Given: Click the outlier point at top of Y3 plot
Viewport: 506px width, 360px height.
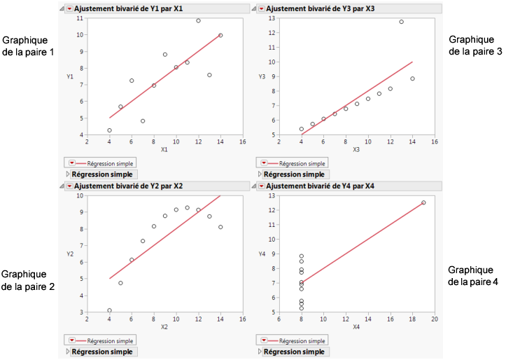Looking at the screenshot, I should point(401,22).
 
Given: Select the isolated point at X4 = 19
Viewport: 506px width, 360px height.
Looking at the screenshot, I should point(423,202).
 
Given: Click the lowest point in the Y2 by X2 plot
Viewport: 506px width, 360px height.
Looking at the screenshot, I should point(109,310).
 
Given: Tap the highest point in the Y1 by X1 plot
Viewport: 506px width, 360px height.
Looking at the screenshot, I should point(198,21).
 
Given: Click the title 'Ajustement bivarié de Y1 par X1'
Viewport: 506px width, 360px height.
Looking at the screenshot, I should point(128,8).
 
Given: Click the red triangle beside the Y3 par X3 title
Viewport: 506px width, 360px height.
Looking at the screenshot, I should point(261,8).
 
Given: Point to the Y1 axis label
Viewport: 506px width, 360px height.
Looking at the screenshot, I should point(70,76).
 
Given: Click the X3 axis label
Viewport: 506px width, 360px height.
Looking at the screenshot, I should point(356,150).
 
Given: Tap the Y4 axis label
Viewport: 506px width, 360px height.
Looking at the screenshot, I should point(262,254).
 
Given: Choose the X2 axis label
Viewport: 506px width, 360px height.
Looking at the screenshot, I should point(164,327).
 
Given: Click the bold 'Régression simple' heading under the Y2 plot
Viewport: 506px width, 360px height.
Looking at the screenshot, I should point(104,352).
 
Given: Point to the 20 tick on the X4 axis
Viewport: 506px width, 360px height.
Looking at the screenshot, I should point(434,319).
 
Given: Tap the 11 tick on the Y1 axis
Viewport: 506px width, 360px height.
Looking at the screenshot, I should point(80,18).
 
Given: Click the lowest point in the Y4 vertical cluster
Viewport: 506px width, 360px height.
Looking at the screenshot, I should point(301,307).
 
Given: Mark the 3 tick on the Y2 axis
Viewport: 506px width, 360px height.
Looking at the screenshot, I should point(80,312).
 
